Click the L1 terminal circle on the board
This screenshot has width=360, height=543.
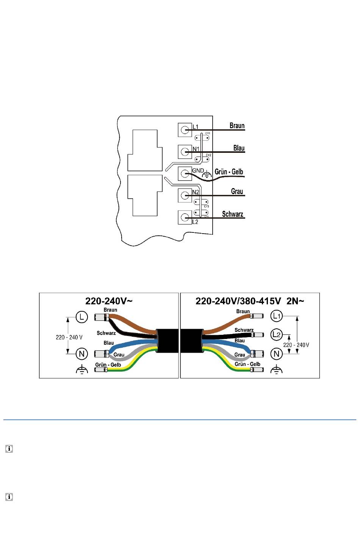click(185, 130)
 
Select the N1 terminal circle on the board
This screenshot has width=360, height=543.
click(185, 152)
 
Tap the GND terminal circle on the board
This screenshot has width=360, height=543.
click(185, 174)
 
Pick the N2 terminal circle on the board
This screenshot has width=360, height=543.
click(185, 195)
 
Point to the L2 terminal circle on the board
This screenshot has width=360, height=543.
click(185, 217)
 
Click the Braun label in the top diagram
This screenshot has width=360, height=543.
click(237, 126)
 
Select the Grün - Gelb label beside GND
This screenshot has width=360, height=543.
click(229, 172)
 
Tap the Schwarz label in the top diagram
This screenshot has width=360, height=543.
click(232, 214)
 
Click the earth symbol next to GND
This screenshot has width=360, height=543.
click(207, 175)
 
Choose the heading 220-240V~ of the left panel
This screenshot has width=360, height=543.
click(109, 301)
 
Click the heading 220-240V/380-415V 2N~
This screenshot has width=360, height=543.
click(250, 301)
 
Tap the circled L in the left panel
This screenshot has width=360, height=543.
click(82, 317)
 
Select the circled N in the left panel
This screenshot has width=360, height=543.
click(82, 354)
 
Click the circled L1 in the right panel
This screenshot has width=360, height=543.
click(277, 315)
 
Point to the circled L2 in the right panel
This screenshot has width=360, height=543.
click(277, 334)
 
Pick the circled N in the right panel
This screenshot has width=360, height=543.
click(277, 354)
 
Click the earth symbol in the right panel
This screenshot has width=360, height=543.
click(277, 369)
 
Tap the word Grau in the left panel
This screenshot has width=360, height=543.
click(119, 355)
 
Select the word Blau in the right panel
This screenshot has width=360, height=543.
click(239, 341)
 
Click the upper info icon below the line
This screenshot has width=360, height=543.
click(9, 449)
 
